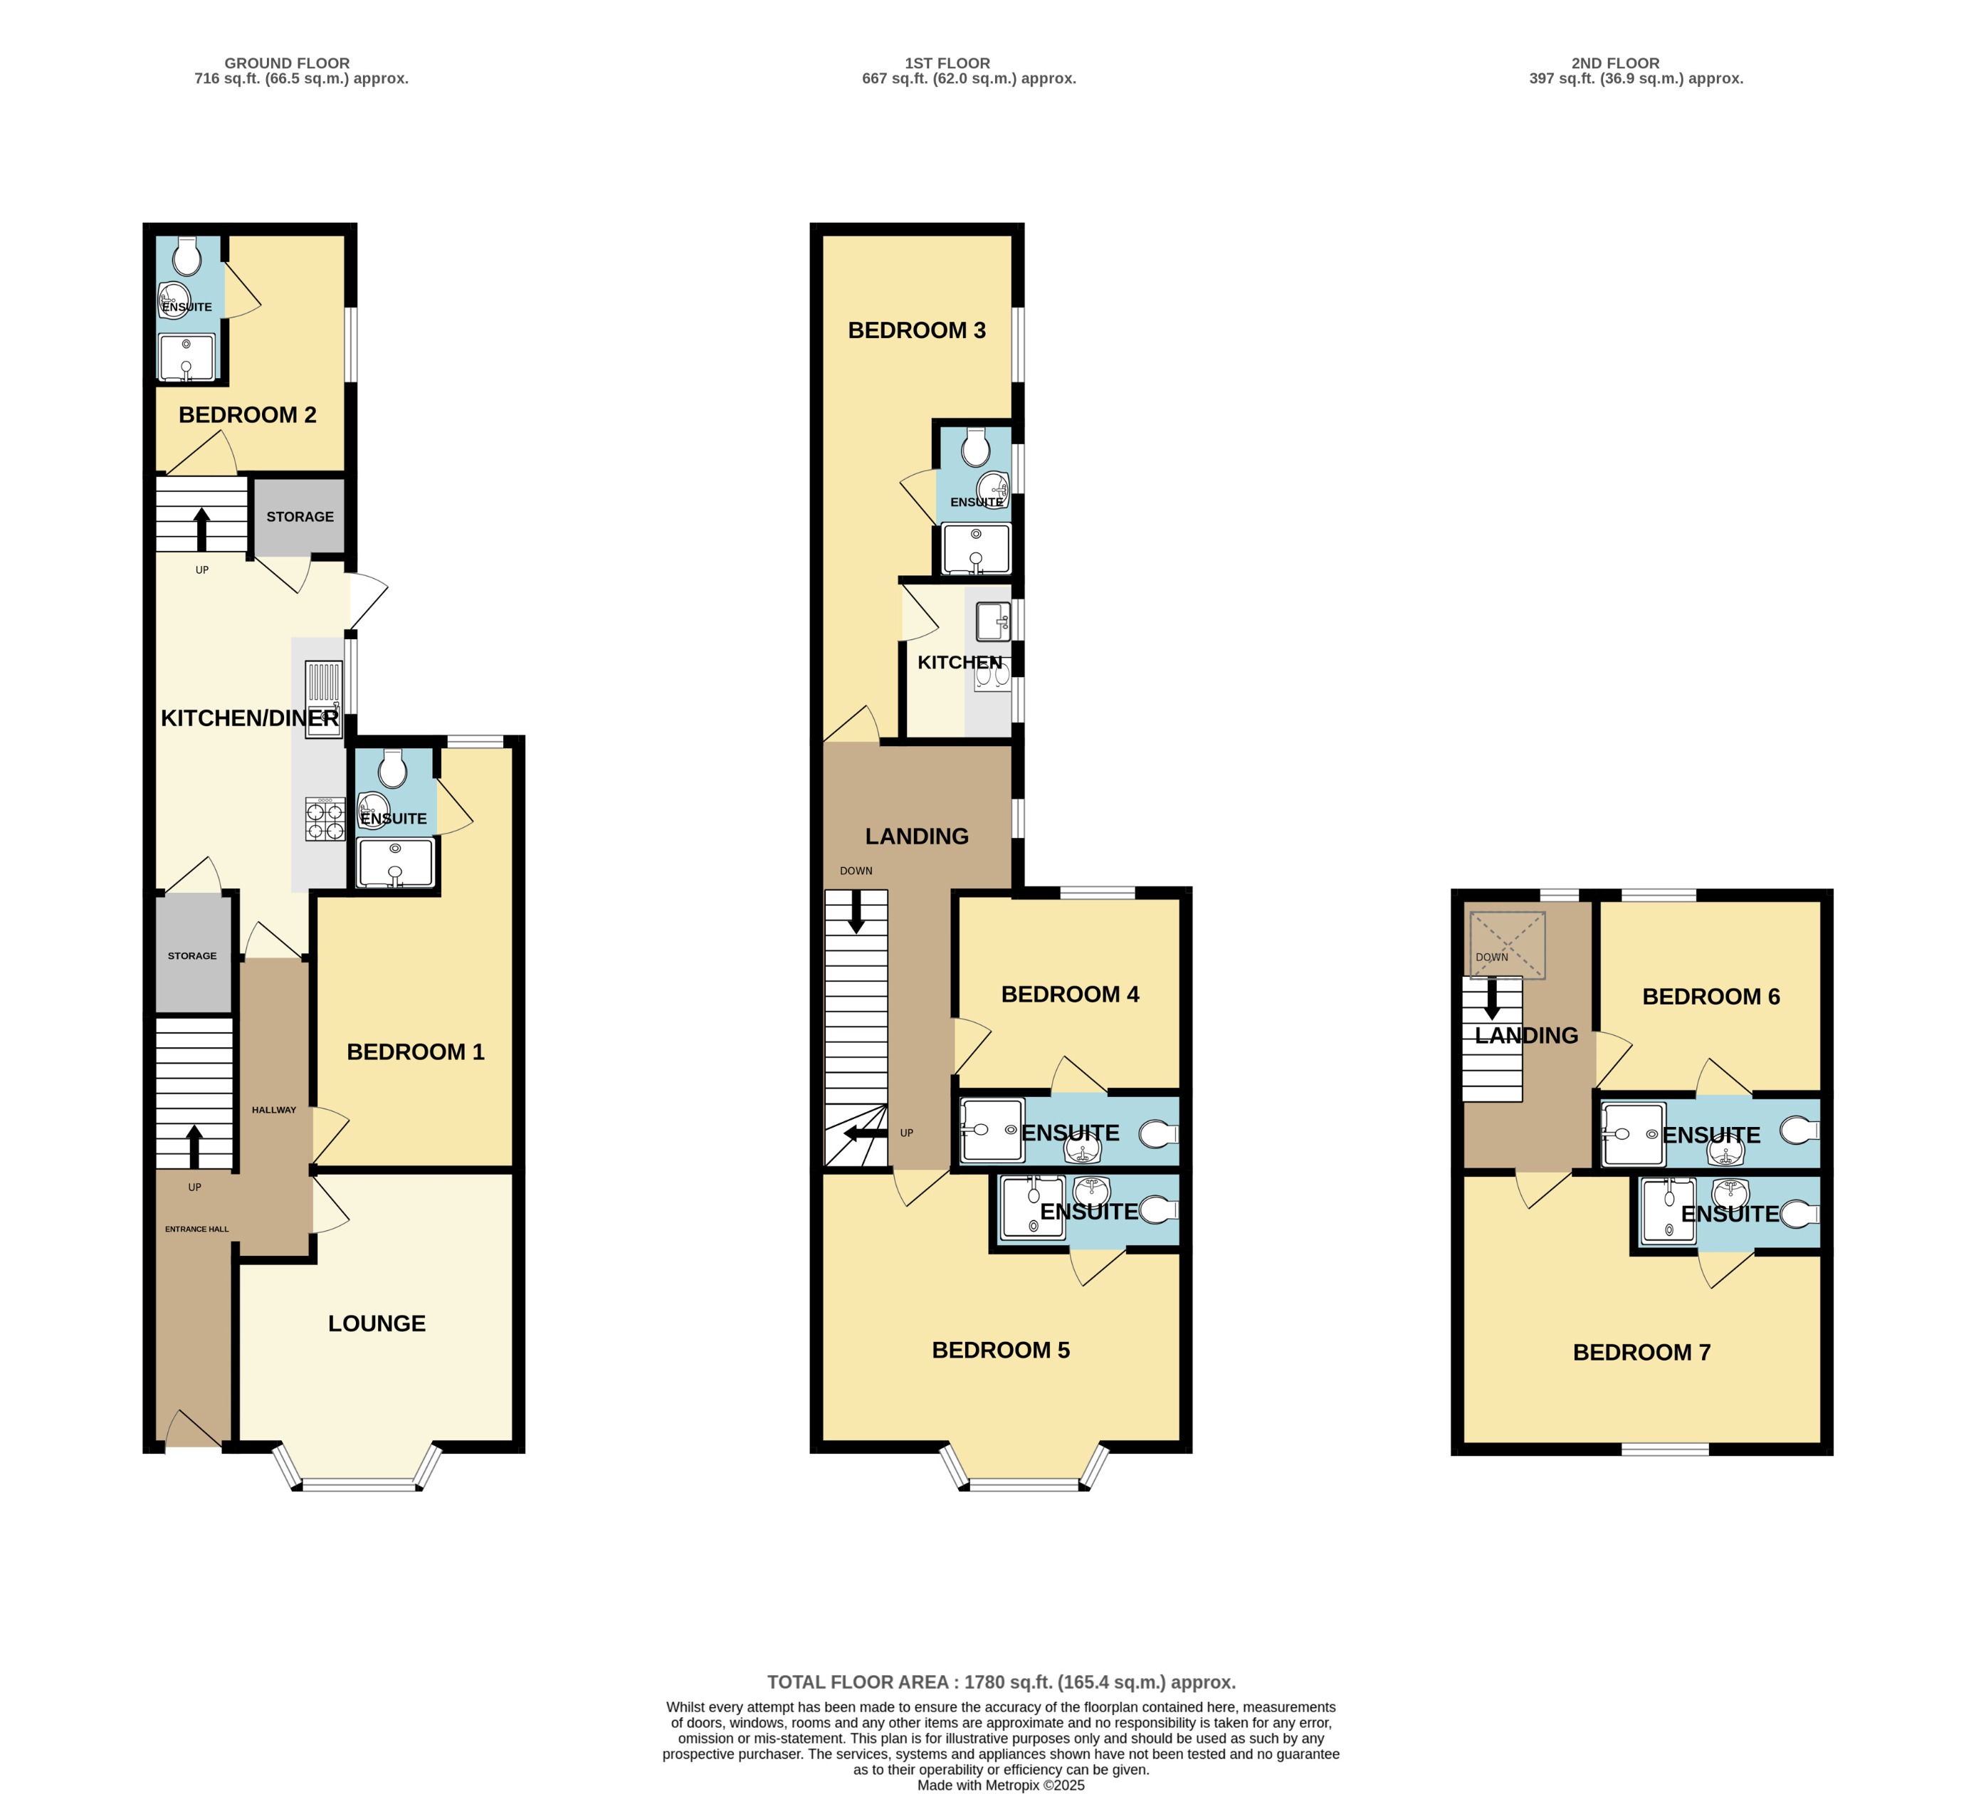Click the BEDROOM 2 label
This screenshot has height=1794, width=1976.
coord(247,414)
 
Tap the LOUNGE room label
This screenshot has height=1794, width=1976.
coord(377,1323)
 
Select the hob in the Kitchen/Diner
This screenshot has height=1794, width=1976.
coord(325,819)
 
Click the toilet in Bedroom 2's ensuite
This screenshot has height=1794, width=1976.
coord(187,258)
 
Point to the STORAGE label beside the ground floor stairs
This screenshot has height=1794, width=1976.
coord(300,517)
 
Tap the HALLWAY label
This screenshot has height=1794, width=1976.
coord(273,1110)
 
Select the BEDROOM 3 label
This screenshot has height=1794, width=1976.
coord(916,330)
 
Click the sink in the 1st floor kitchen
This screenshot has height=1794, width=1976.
coord(993,621)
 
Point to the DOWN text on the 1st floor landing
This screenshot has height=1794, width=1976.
coord(856,871)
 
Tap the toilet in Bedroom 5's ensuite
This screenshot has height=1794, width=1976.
coord(1159,1211)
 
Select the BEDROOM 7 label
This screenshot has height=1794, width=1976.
coord(1641,1352)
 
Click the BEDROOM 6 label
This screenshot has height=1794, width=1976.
coord(1710,996)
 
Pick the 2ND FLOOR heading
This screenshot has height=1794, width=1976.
coord(1615,63)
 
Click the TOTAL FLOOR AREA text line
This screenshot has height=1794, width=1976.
coord(1001,1682)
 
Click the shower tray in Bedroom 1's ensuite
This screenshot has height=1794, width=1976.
coord(395,863)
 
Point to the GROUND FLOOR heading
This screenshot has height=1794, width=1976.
coord(287,63)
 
